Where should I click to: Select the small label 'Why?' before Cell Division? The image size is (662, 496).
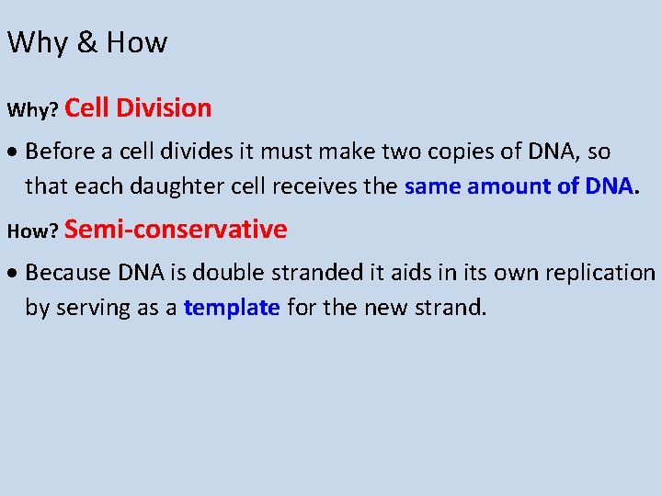(33, 111)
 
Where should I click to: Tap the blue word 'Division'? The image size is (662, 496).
(166, 108)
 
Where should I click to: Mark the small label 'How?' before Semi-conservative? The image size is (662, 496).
(33, 232)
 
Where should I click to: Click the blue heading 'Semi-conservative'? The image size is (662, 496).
(176, 229)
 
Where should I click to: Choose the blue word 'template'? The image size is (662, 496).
(232, 308)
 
